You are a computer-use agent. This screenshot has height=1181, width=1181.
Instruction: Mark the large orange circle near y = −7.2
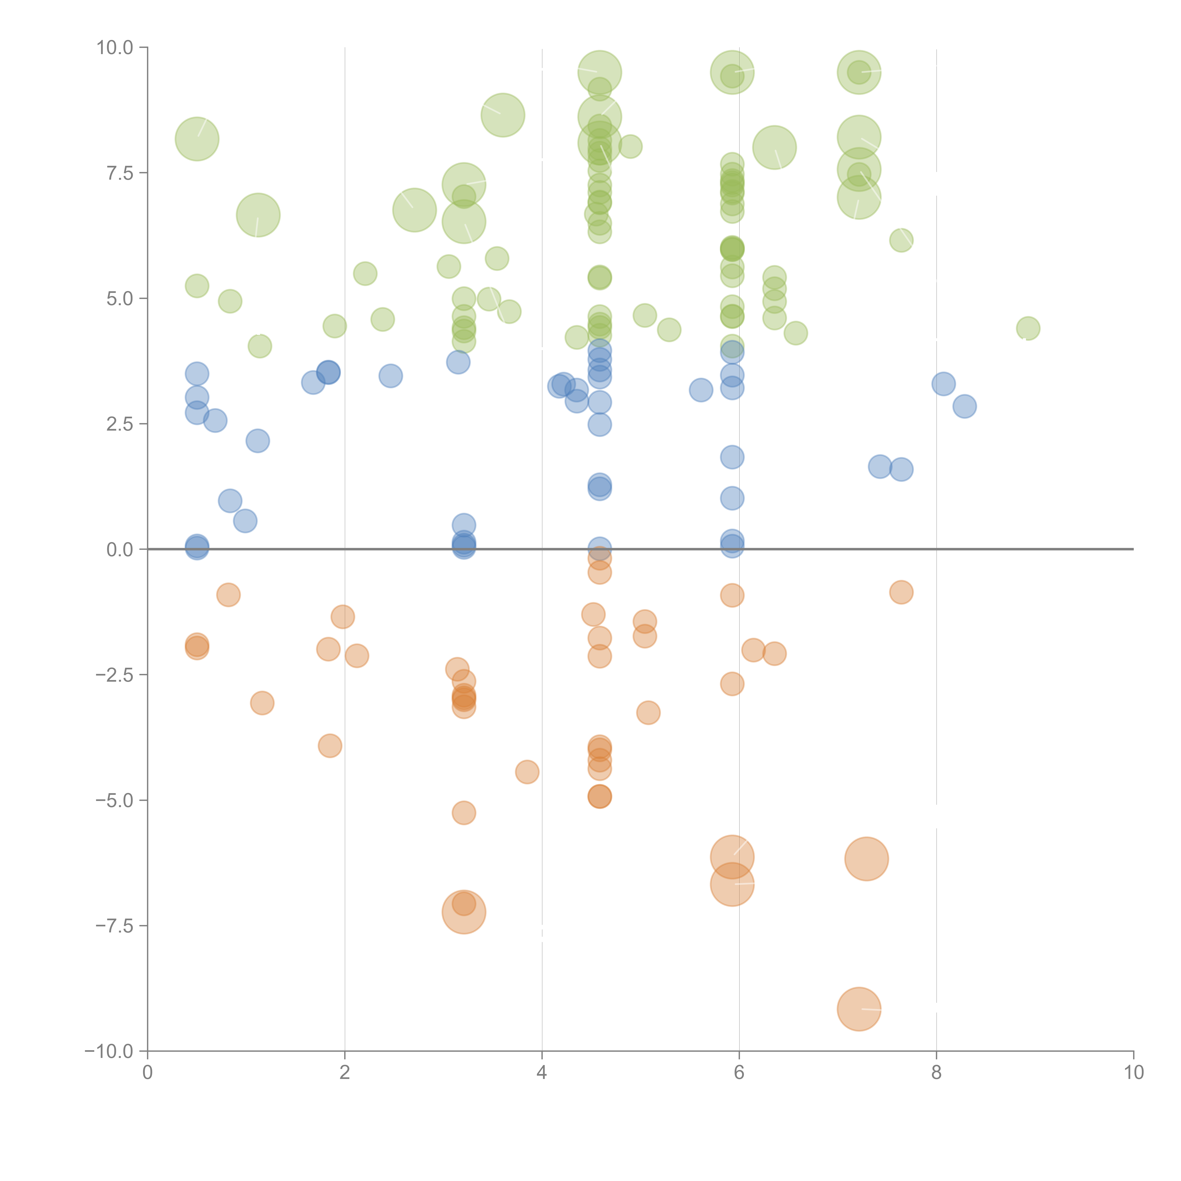464,912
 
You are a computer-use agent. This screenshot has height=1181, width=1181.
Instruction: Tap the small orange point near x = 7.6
901,592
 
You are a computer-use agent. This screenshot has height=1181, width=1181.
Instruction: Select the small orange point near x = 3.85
527,772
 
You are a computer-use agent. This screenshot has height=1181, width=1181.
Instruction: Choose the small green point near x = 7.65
901,240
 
